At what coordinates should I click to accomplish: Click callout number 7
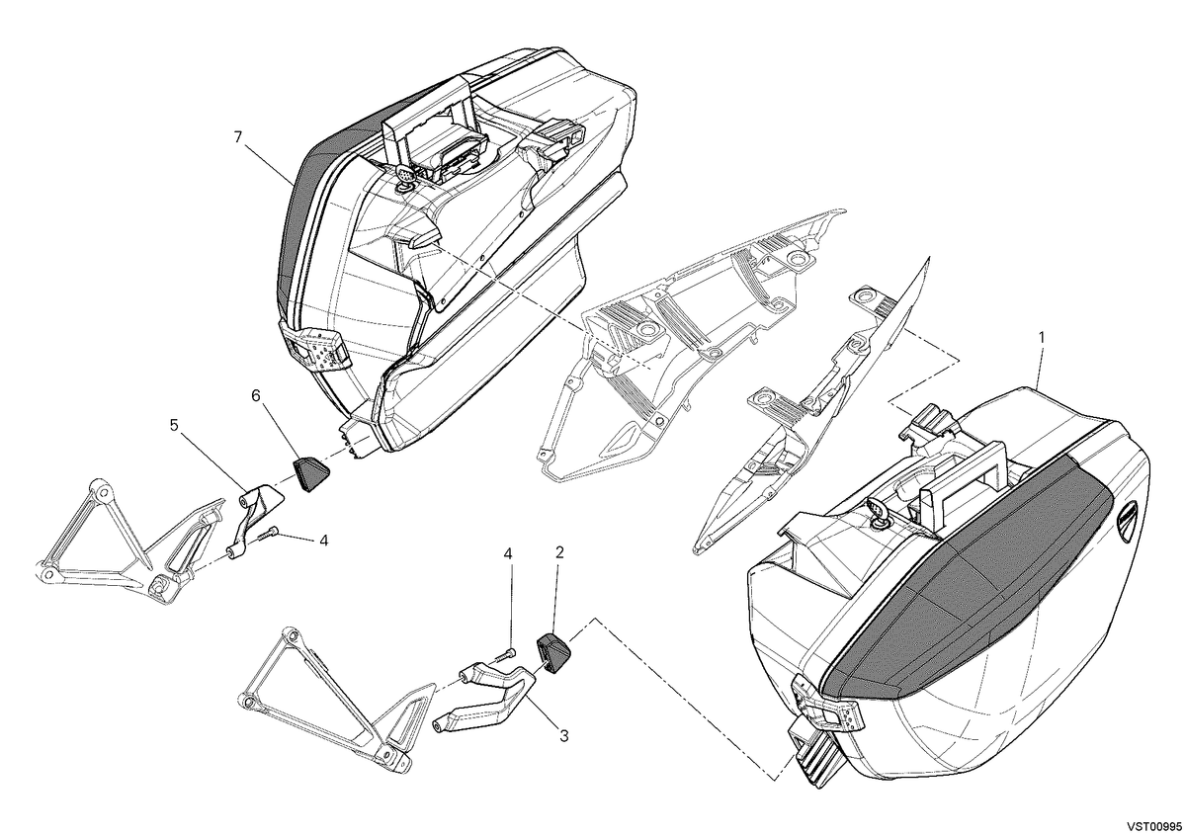click(x=238, y=137)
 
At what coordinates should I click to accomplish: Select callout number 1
click(x=1042, y=337)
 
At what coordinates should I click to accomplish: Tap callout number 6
click(x=256, y=396)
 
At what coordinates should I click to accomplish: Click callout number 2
click(x=559, y=552)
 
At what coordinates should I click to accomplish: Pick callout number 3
click(x=564, y=736)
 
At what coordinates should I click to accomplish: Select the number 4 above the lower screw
click(x=508, y=553)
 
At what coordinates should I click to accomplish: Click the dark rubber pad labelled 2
click(x=553, y=653)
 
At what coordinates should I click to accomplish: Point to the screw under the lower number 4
click(x=506, y=655)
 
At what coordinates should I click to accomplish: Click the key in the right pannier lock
click(x=878, y=512)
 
